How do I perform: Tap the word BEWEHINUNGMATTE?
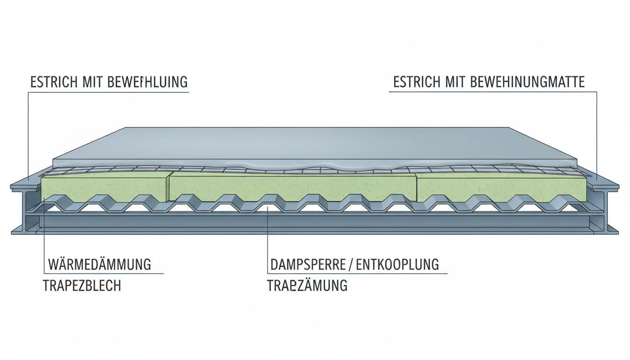point(527,82)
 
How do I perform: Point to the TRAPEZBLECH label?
point(82,285)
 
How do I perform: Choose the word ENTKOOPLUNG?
point(397,264)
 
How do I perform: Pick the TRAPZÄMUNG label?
point(307,285)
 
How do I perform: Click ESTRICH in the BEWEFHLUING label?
point(51,82)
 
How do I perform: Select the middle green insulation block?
point(293,186)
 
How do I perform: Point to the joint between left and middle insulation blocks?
point(170,187)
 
